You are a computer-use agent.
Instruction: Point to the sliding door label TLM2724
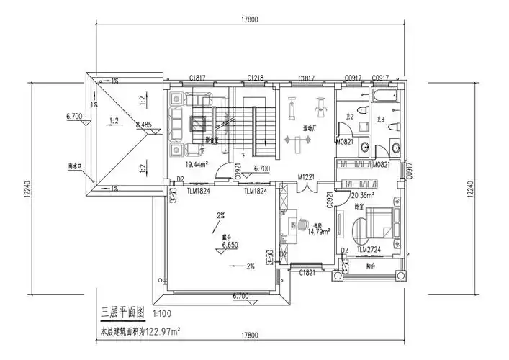[369, 248]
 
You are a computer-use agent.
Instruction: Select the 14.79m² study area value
[319, 232]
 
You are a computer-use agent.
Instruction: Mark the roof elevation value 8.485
[143, 125]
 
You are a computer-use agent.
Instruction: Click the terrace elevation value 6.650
[230, 246]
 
